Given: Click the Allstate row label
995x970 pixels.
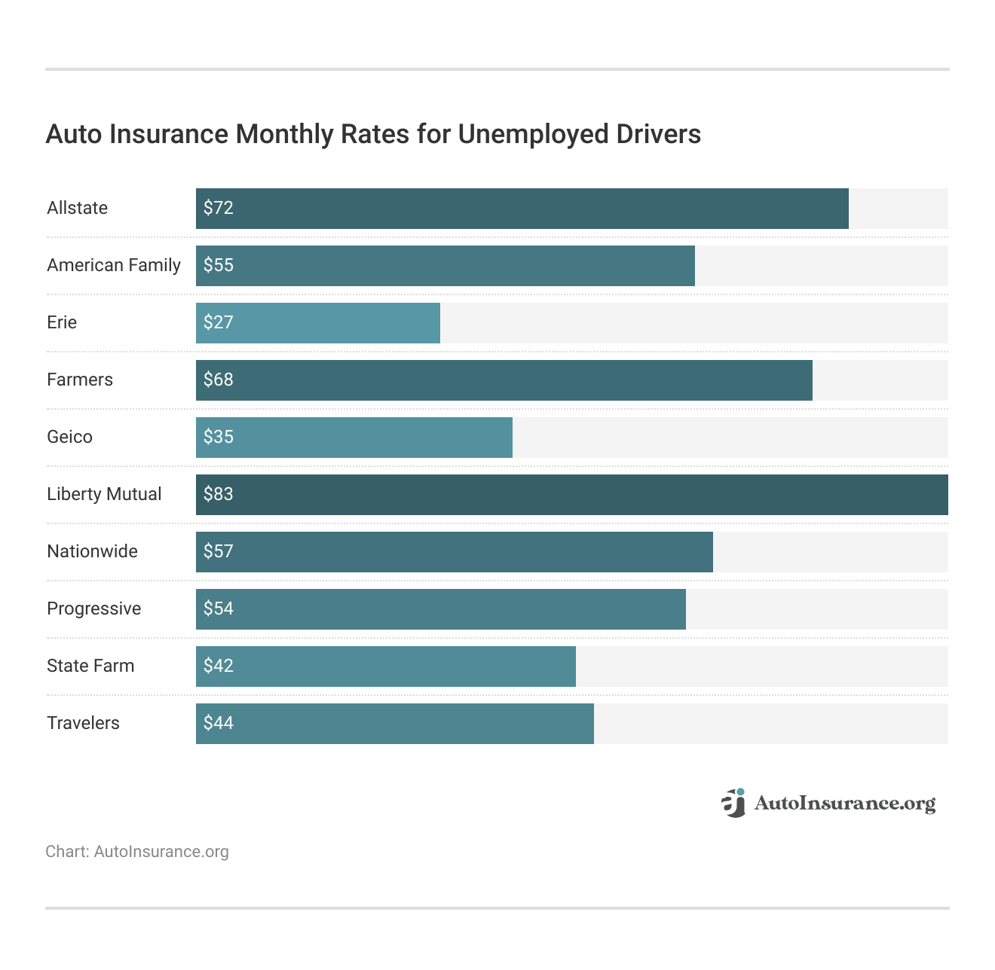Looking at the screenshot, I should (x=77, y=208).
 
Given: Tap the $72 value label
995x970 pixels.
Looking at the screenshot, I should (x=219, y=208).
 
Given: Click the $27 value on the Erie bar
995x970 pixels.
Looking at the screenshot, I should (x=219, y=322).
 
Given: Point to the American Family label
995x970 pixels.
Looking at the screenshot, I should (x=114, y=265).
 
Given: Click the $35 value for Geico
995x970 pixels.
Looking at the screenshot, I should (x=219, y=437).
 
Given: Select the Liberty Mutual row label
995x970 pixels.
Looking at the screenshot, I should (x=104, y=494).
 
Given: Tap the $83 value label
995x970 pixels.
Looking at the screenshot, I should (x=219, y=494).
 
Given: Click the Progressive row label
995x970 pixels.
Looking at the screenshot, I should (x=93, y=609).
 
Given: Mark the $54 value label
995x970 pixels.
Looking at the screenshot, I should (x=219, y=609).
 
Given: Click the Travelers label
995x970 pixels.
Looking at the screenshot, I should (x=83, y=723).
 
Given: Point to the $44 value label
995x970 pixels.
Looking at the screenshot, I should (x=219, y=723).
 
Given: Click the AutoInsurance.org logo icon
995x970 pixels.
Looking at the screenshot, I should (x=733, y=803).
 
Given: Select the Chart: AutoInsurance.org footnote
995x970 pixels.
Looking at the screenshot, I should (x=136, y=852).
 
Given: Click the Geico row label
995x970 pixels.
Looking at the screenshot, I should (x=69, y=437).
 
